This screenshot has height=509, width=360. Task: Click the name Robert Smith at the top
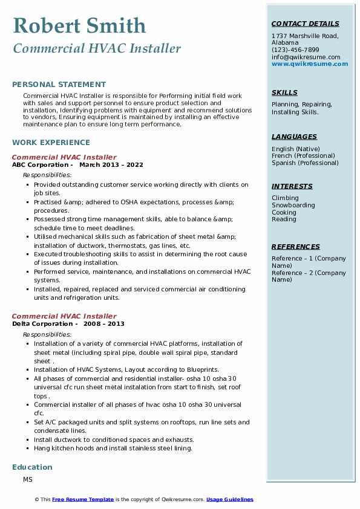click(79, 25)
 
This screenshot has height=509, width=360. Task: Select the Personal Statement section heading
click(59, 85)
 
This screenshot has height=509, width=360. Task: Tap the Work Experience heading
click(51, 143)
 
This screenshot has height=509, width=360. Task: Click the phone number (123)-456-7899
click(295, 50)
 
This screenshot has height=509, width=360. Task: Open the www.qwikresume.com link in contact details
click(306, 63)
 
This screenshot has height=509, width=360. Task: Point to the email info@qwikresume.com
click(306, 57)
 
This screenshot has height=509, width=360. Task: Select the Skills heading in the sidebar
click(284, 92)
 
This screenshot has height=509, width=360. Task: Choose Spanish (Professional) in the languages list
click(305, 163)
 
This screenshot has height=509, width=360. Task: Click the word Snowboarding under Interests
click(293, 205)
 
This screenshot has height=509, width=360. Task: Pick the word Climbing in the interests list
click(285, 198)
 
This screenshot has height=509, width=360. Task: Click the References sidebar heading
click(295, 247)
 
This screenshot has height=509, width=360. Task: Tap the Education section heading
click(32, 467)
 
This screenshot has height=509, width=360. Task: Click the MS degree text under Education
click(28, 479)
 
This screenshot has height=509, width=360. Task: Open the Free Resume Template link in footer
click(83, 499)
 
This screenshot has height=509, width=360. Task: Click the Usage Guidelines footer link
click(229, 499)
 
